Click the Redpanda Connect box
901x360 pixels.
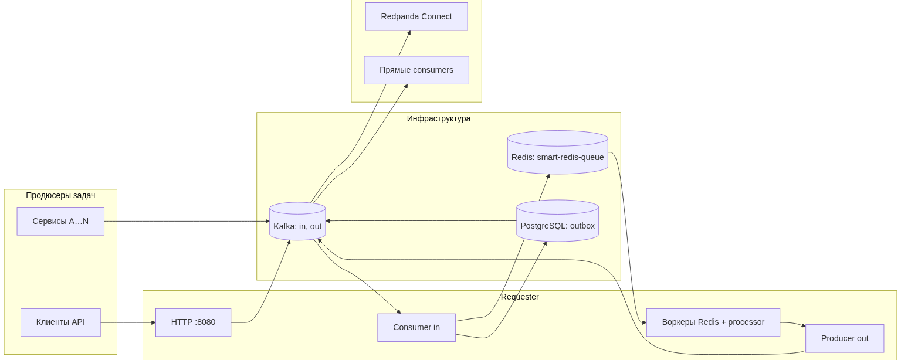pos(416,16)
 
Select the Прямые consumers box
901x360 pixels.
pos(416,70)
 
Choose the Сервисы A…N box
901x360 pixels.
pos(60,221)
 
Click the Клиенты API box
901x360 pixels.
pos(60,322)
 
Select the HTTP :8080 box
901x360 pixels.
pos(193,322)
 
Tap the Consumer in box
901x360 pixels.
pos(416,327)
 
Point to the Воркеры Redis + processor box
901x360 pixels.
pos(713,322)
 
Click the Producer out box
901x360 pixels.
pos(844,338)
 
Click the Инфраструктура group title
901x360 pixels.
pos(439,118)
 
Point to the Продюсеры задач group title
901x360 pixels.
pos(60,195)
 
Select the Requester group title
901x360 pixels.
pos(520,297)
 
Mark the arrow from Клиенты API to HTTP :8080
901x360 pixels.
pos(128,322)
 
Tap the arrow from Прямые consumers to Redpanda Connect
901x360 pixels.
pos(404,44)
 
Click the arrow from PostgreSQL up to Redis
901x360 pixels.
pos(544,188)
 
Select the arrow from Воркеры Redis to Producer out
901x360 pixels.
pos(793,324)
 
